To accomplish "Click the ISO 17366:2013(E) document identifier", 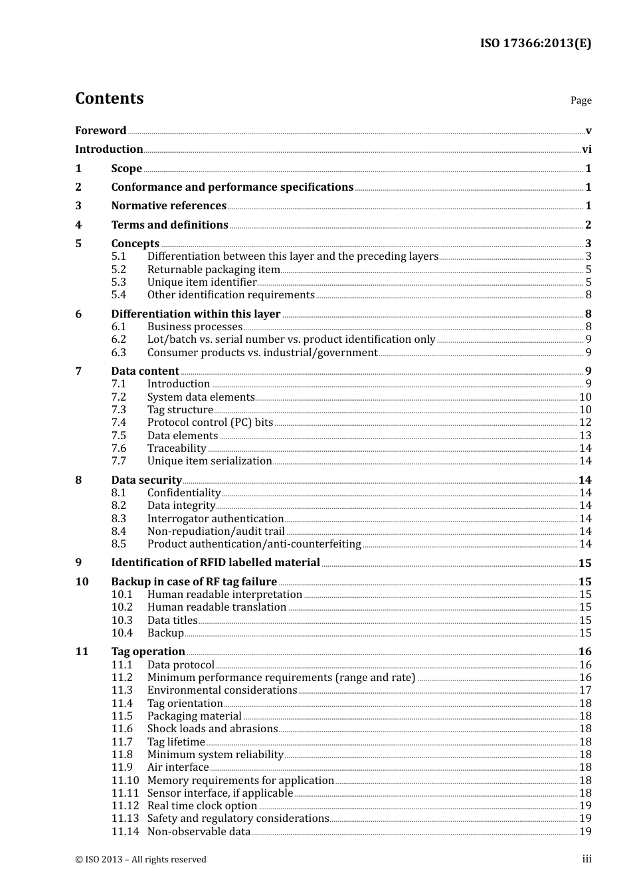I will pos(535,43).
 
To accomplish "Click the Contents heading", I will pos(109,98).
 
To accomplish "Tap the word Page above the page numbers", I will pos(581,100).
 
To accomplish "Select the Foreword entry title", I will pos(100,130).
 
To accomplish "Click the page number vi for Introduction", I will pos(586,149).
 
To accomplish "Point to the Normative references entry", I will pos(169,206).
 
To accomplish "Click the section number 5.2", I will pos(118,269).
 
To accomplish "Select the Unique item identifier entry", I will pos(202,282).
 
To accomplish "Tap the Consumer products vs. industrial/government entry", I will pos(262,352).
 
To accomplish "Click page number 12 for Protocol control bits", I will pos(585,423).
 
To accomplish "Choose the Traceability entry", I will pos(177,448).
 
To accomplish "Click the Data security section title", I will pos(146,480).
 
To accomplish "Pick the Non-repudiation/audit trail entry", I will pos(216,531).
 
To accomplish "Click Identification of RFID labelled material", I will pos(215,562).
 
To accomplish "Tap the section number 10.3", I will pos(122,620).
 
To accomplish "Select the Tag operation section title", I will pos(148,651).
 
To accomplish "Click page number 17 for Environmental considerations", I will pos(585,690).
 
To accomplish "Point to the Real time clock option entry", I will pos(202,805).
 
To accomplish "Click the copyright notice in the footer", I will pos(141,859).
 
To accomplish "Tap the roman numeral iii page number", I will pos(586,859).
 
